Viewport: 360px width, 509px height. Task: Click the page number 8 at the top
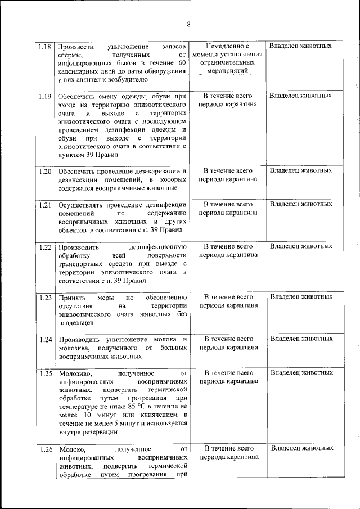pyautogui.click(x=188, y=24)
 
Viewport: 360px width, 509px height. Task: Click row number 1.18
pyautogui.click(x=46, y=46)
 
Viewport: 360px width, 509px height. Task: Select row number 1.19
pyautogui.click(x=46, y=96)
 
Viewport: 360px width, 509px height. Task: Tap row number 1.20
pyautogui.click(x=46, y=170)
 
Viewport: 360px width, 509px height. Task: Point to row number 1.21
pyautogui.click(x=46, y=204)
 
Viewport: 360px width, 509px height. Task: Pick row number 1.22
pyautogui.click(x=46, y=246)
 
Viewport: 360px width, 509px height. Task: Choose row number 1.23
pyautogui.click(x=46, y=297)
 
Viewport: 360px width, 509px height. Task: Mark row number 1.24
pyautogui.click(x=46, y=339)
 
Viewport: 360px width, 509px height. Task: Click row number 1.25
pyautogui.click(x=46, y=373)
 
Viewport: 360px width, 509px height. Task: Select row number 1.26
pyautogui.click(x=46, y=449)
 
